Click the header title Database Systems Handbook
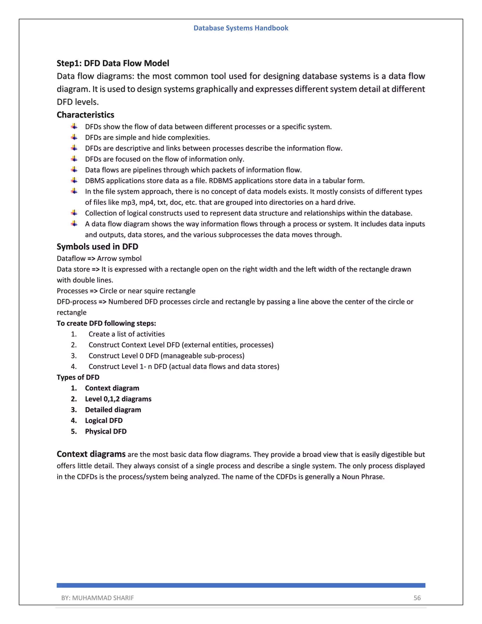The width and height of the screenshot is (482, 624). point(241,28)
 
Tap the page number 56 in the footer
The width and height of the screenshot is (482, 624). point(417,598)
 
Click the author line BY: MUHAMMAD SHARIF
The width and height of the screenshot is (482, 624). point(97,598)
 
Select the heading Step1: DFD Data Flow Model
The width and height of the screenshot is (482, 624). point(113,63)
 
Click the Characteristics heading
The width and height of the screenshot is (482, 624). point(85,115)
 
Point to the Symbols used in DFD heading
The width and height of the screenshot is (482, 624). point(97,247)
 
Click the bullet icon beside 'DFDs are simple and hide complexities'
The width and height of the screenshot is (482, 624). point(74,138)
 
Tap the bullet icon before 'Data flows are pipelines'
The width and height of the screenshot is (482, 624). point(74,170)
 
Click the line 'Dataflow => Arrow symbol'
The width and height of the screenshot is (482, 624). point(99,259)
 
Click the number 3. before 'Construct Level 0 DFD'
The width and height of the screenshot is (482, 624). point(74,356)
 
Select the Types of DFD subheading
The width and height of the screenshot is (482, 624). point(78,377)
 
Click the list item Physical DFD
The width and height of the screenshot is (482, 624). point(106,431)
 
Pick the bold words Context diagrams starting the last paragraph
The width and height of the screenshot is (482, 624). point(91,454)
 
